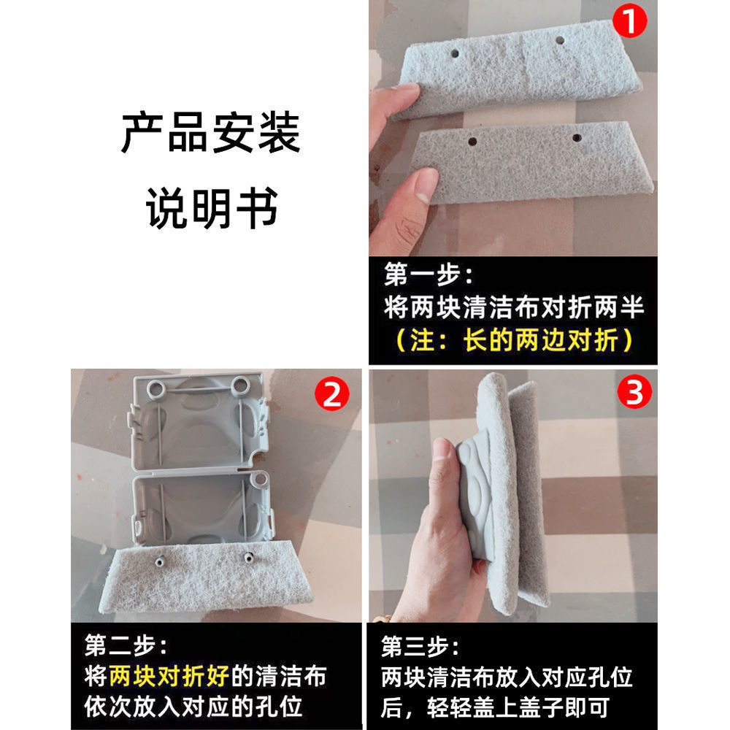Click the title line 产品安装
point(210,133)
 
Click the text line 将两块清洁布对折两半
point(513,307)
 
